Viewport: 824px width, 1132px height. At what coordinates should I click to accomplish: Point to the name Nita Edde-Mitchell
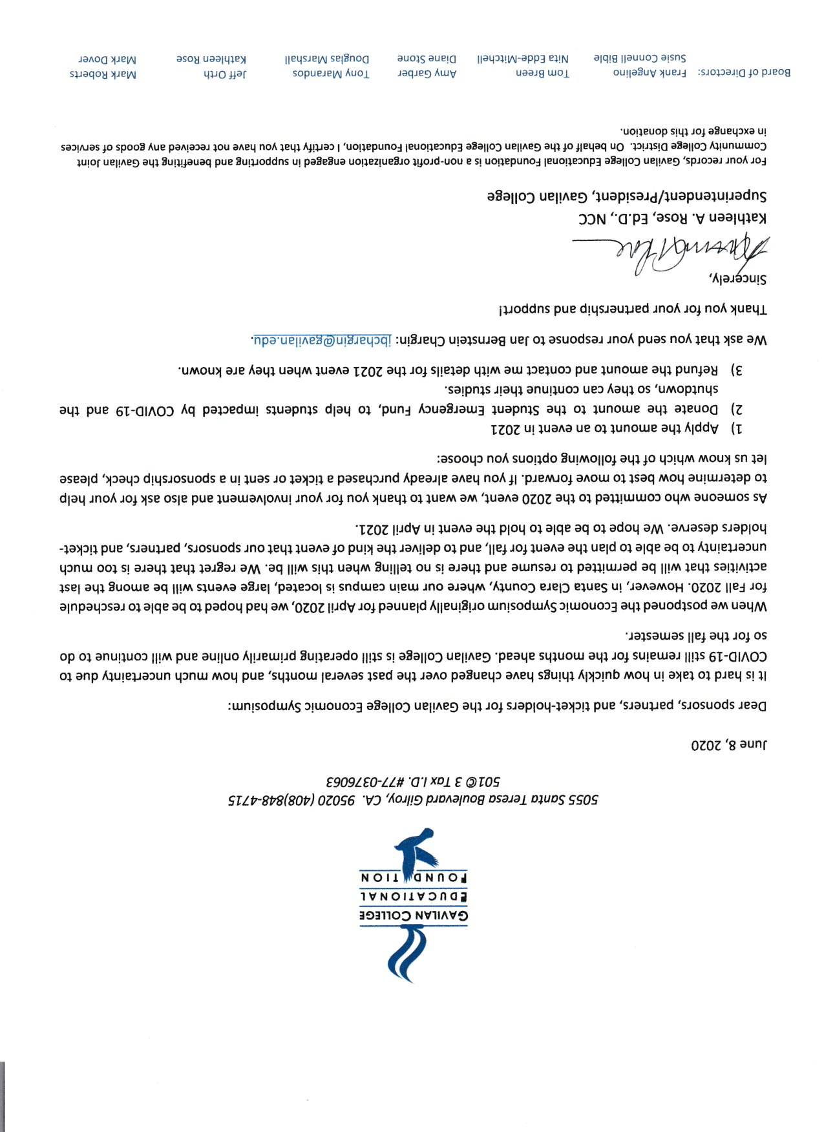click(x=523, y=59)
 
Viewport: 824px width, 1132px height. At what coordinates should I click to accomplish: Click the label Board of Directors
click(x=744, y=72)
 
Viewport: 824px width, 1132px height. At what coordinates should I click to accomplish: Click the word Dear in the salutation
click(x=753, y=705)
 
